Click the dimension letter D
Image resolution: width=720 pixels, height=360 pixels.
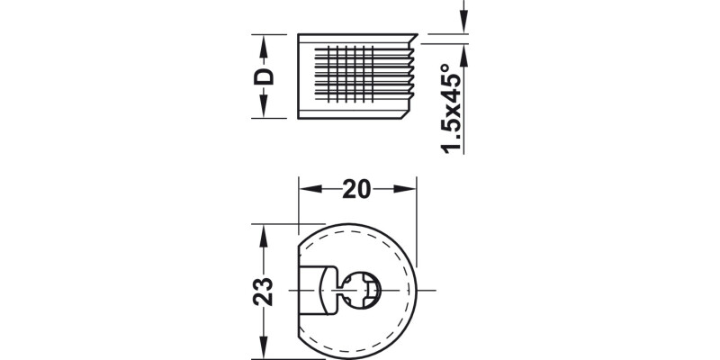pyautogui.click(x=263, y=76)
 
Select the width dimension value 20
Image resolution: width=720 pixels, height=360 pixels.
pyautogui.click(x=358, y=189)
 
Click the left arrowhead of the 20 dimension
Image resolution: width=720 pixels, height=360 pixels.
pyautogui.click(x=306, y=189)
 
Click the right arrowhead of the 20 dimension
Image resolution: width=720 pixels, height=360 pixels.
pyautogui.click(x=411, y=189)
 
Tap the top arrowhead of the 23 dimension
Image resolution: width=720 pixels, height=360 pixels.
pyautogui.click(x=263, y=230)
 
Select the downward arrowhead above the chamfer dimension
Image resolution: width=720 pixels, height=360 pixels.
pyautogui.click(x=463, y=25)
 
